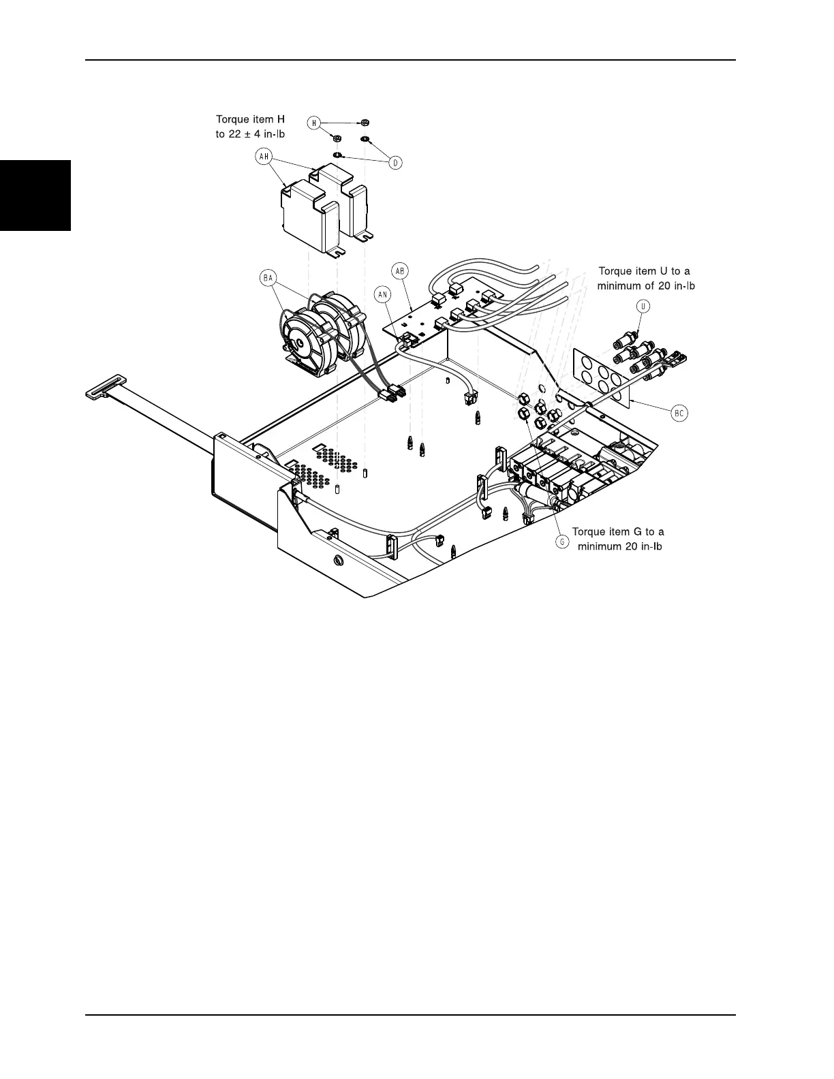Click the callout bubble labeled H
point(314,123)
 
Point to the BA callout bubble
point(268,277)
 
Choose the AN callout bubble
point(383,294)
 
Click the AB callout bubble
point(401,270)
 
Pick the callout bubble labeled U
point(644,306)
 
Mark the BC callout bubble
point(679,413)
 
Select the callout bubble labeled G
point(562,542)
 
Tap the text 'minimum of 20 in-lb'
point(646,286)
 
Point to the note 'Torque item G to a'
point(618,531)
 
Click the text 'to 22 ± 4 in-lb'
point(250,134)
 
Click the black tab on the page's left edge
point(35,196)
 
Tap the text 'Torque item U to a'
point(644,271)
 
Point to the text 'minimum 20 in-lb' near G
point(619,546)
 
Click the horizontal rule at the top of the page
point(410,60)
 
